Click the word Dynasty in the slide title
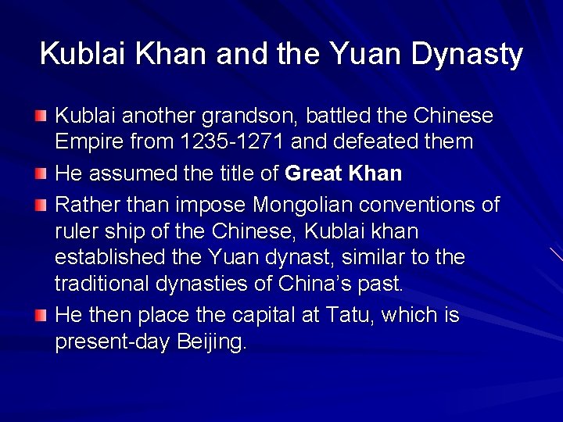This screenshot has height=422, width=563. point(466,54)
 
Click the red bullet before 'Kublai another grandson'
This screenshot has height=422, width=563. point(41,116)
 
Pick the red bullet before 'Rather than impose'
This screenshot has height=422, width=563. point(41,206)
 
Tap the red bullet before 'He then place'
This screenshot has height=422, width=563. point(41,316)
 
